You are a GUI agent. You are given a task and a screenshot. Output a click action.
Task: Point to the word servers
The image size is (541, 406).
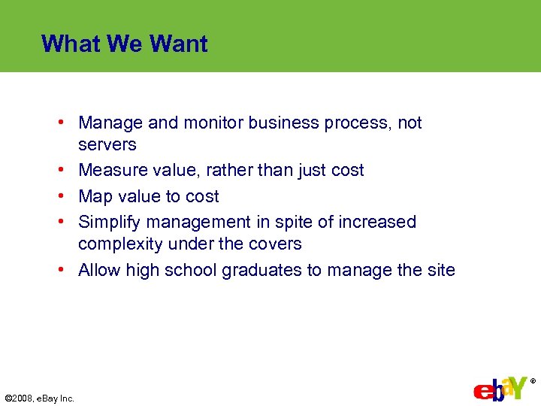pyautogui.click(x=107, y=144)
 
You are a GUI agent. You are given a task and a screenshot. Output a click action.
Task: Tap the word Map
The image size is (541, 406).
pyautogui.click(x=95, y=196)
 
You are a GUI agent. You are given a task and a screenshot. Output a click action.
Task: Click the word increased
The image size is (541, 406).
pyautogui.click(x=377, y=222)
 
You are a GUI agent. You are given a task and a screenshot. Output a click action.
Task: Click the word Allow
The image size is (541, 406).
pyautogui.click(x=99, y=270)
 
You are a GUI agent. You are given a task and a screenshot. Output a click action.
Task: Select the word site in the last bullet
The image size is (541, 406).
pyautogui.click(x=441, y=270)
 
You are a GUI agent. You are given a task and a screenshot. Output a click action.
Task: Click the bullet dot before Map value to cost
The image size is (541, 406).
pyautogui.click(x=68, y=196)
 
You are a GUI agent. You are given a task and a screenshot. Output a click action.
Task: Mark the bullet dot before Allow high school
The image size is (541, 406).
pyautogui.click(x=68, y=270)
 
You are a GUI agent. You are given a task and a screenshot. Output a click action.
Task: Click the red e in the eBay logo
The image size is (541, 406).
pyautogui.click(x=480, y=392)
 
